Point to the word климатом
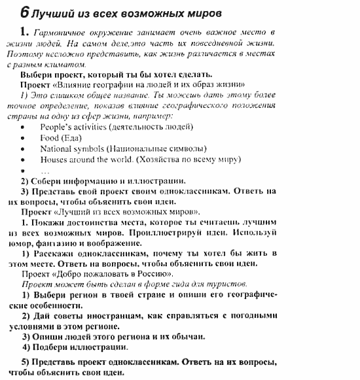65,65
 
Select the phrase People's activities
73,126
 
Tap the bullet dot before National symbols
24,149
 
